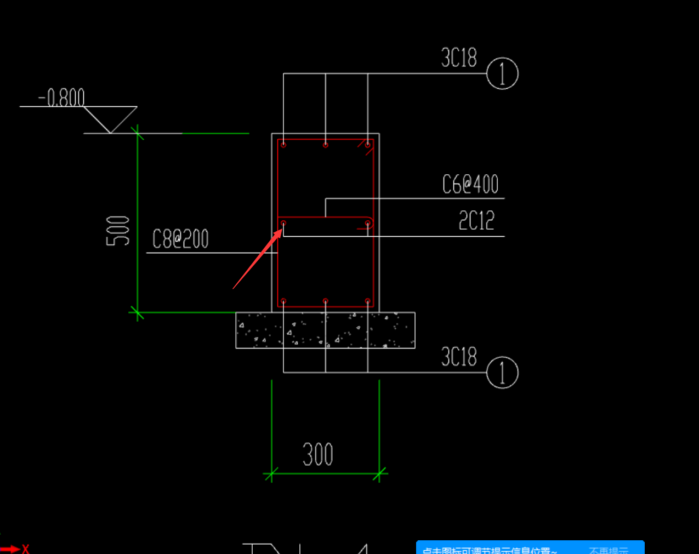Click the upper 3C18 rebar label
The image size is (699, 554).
[x=459, y=58]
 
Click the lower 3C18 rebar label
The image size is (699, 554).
[x=459, y=357]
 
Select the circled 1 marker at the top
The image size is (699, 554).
[x=502, y=73]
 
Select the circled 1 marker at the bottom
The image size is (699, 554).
[x=502, y=373]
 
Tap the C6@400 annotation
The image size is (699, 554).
[x=470, y=185]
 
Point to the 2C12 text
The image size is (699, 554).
[x=476, y=221]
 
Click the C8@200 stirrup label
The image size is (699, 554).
[x=180, y=239]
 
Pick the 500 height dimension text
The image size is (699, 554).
[x=118, y=231]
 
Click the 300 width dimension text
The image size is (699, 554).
[x=318, y=454]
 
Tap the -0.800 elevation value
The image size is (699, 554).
[x=61, y=98]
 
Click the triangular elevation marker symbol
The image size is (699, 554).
[x=110, y=118]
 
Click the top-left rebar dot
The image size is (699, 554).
[x=283, y=145]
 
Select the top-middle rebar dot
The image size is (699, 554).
[x=326, y=145]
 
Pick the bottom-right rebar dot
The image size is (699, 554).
[x=368, y=301]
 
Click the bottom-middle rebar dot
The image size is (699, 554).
[x=326, y=301]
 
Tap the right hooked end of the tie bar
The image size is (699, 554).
[x=368, y=223]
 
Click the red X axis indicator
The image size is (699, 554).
[x=25, y=549]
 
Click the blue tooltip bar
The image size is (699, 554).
[x=530, y=548]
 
